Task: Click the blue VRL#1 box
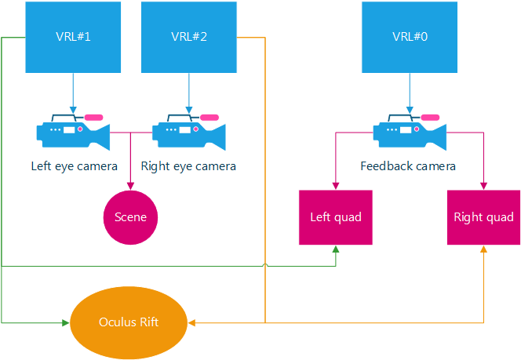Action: tap(73, 37)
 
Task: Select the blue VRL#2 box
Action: tap(188, 37)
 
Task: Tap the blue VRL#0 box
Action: tap(409, 37)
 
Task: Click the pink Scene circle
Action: tap(130, 217)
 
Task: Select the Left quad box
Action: tap(336, 217)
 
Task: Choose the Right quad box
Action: tap(483, 217)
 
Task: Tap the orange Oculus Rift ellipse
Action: tap(129, 322)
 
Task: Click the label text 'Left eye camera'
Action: tap(74, 166)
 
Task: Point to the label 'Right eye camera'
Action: tap(188, 166)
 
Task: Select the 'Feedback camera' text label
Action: tap(408, 166)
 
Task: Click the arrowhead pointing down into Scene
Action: tap(130, 187)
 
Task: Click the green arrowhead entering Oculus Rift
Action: tap(66, 322)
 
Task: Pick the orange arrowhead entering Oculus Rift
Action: tap(192, 322)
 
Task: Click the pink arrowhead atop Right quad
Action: tap(483, 185)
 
